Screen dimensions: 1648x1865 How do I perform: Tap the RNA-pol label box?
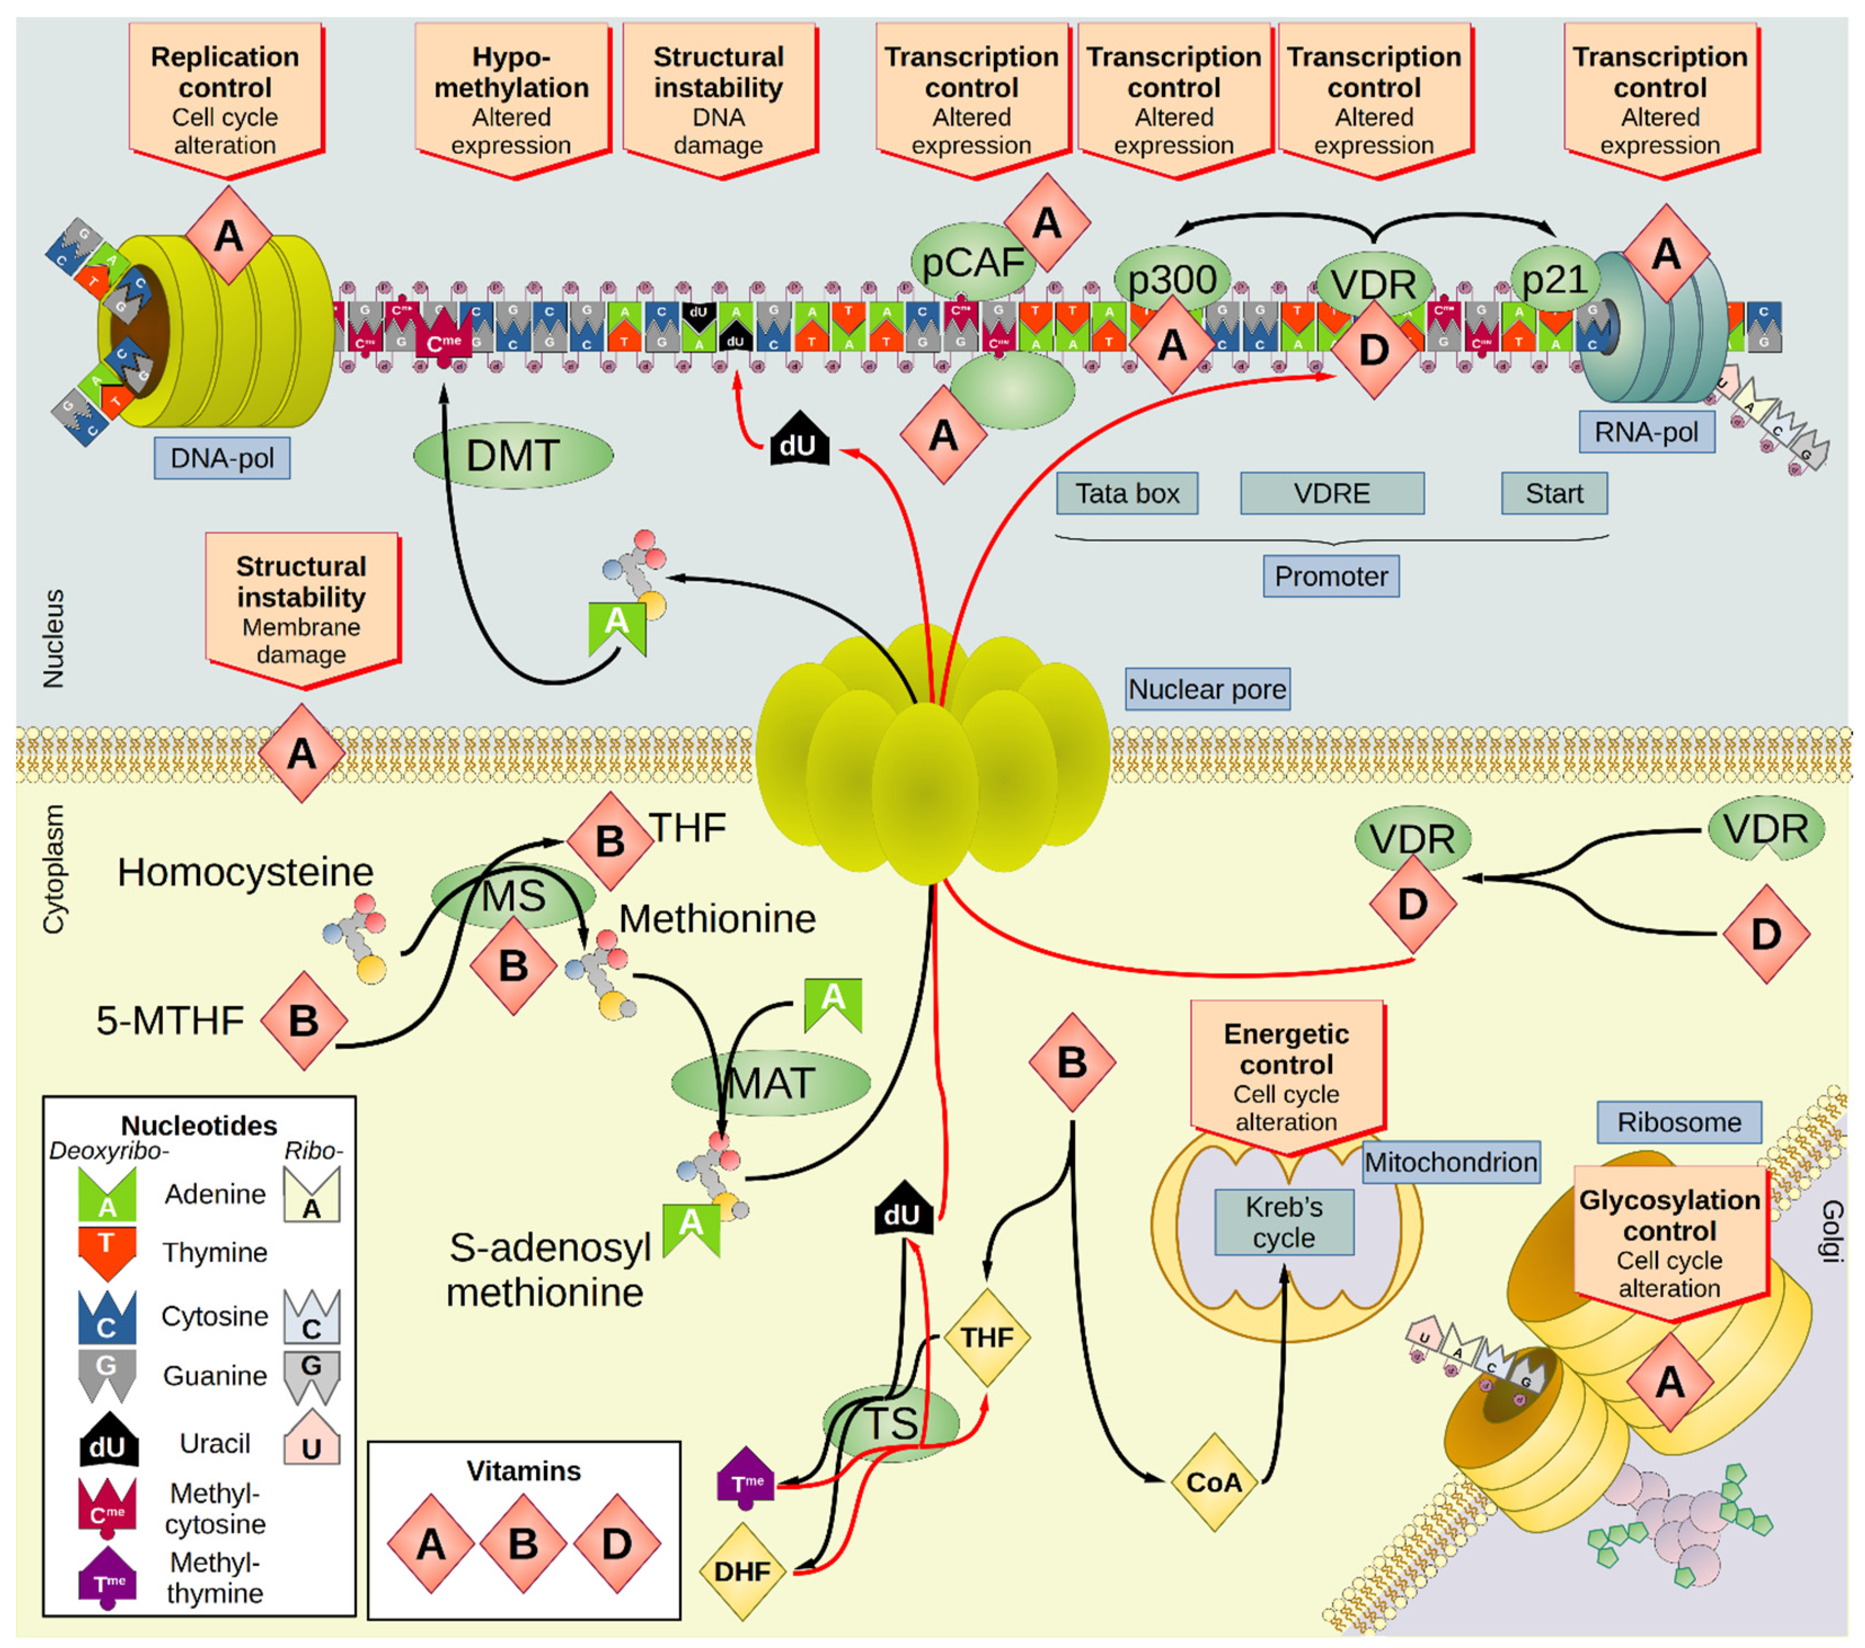[x=1646, y=432]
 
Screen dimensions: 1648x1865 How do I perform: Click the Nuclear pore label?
[x=1207, y=689]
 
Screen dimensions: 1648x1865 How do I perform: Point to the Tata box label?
[x=1127, y=494]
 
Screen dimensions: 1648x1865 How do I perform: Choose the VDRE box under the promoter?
[x=1331, y=494]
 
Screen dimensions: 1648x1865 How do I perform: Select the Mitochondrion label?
[x=1450, y=1161]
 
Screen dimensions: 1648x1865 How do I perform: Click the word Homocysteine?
[x=245, y=872]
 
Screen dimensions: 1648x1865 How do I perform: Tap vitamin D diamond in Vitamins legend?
[x=617, y=1543]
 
